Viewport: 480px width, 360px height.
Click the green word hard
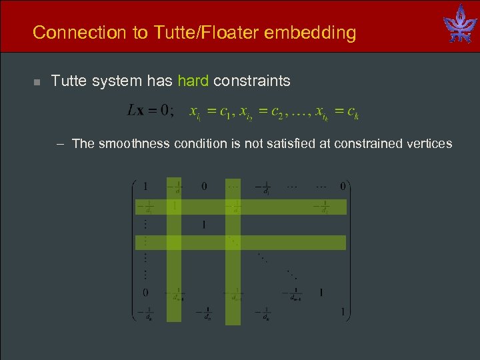193,81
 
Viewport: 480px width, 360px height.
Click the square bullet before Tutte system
37,82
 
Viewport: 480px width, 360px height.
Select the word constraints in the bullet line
252,81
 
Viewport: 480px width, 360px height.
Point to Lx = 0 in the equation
149,111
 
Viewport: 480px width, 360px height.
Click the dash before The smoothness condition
61,143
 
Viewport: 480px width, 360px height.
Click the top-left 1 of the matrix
146,186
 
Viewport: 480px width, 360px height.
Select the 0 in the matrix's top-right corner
343,186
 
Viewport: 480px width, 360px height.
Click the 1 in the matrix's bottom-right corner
343,311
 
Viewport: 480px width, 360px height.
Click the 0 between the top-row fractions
204,186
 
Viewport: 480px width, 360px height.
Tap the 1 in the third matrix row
204,225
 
